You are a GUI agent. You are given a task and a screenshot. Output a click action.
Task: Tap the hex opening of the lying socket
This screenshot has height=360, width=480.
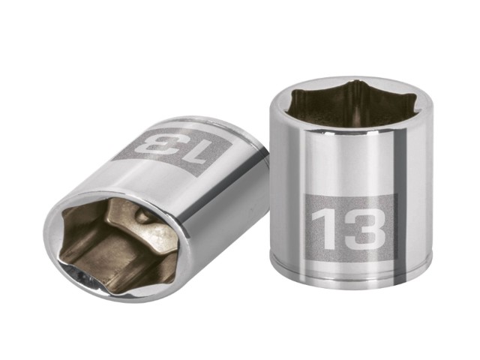pyautogui.click(x=119, y=241)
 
